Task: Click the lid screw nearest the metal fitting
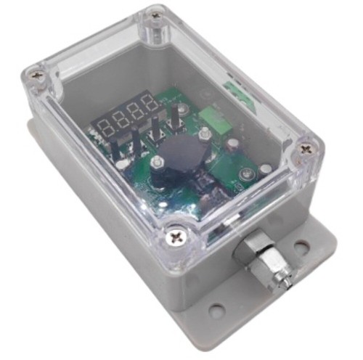pos(176,237)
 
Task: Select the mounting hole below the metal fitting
pos(216,310)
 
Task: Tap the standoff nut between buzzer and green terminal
pos(204,134)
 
